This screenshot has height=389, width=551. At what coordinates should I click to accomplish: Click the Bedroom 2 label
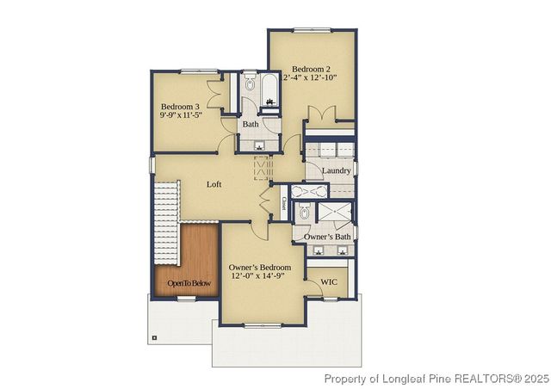tap(312, 68)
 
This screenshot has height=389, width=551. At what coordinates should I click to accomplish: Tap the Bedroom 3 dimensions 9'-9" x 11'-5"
tap(181, 114)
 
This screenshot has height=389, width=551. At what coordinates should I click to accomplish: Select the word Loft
tap(215, 184)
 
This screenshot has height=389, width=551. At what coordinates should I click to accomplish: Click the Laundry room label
tap(336, 170)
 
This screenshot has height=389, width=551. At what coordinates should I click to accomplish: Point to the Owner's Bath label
tap(328, 237)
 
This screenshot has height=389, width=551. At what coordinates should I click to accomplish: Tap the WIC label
tap(329, 281)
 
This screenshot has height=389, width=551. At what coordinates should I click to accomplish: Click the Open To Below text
tap(189, 283)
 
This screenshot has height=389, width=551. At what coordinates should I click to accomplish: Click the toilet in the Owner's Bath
tap(305, 212)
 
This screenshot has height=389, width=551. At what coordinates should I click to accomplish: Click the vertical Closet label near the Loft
tap(283, 204)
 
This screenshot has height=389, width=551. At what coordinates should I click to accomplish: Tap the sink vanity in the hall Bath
tap(259, 144)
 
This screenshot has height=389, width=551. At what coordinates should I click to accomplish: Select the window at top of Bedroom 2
tap(311, 30)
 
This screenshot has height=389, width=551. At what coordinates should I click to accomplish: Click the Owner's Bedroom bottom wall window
tap(262, 325)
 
